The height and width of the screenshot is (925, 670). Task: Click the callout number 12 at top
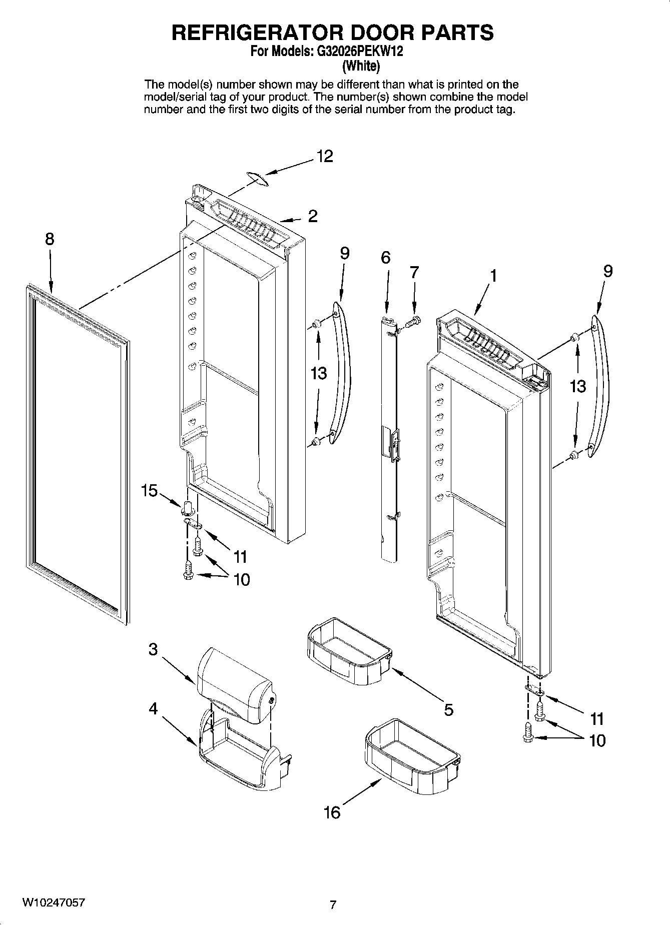point(324,157)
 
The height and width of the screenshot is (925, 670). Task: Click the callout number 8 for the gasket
point(49,239)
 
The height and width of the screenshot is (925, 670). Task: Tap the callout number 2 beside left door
point(313,216)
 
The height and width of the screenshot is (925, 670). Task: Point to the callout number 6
point(385,258)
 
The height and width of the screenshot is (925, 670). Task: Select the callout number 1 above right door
point(493,276)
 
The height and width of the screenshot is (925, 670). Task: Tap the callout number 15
point(149,491)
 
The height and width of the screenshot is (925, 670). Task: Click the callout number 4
point(153,709)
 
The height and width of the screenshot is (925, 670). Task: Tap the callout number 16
point(332,812)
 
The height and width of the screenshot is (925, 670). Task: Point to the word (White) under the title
point(361,66)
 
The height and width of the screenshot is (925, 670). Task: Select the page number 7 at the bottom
point(333,904)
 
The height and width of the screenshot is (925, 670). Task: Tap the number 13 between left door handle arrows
point(318,373)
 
